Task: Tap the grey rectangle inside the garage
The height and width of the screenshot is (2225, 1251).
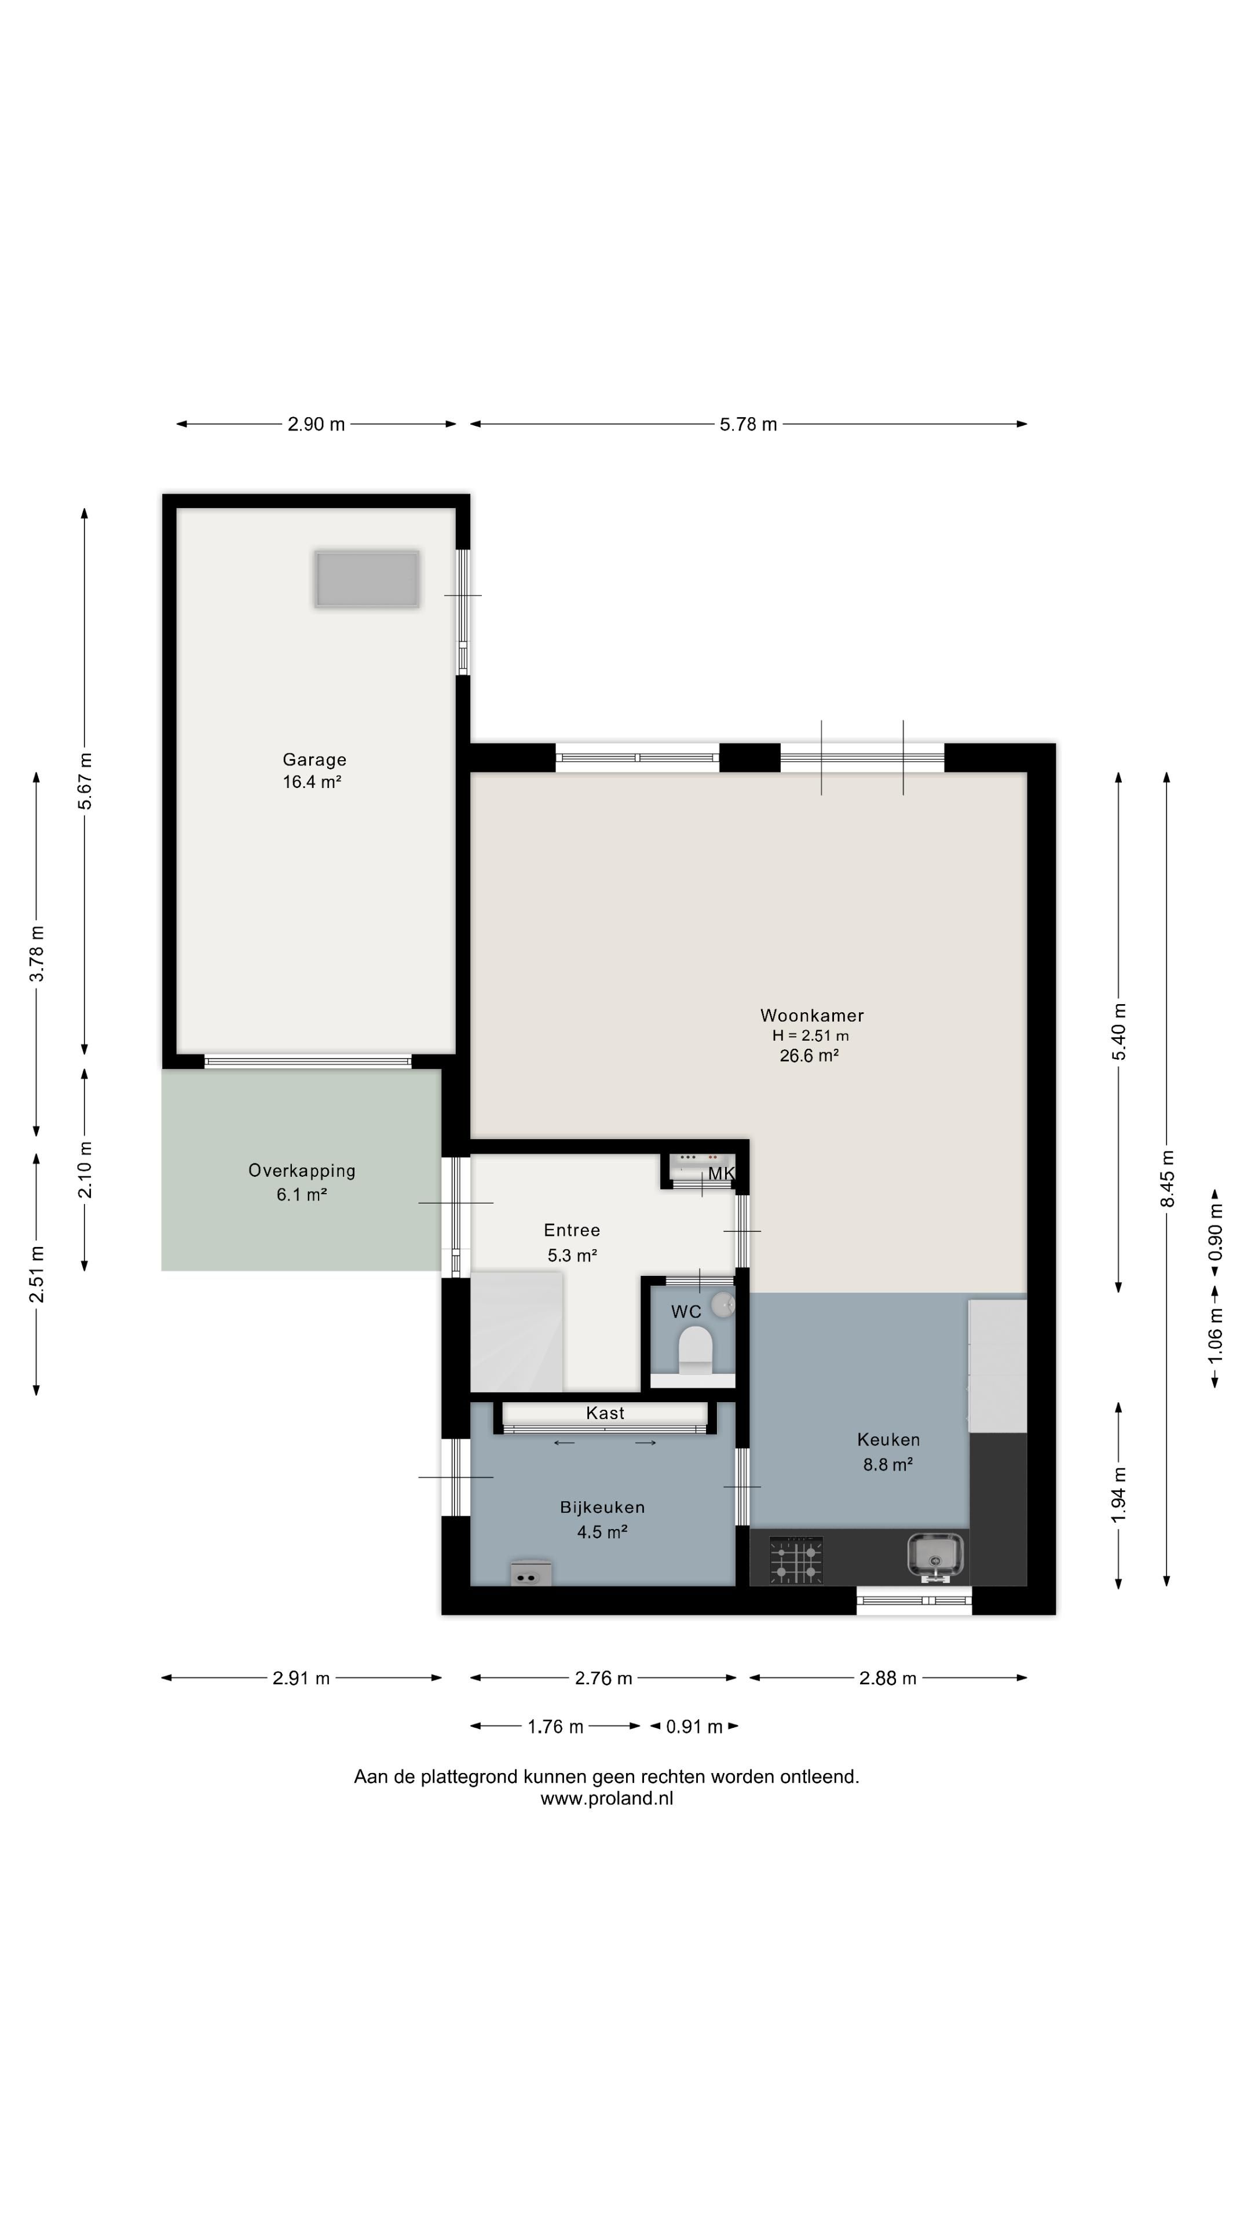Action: (368, 579)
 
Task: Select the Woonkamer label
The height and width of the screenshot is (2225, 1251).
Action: (811, 1016)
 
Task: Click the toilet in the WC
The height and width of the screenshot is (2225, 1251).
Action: (695, 1349)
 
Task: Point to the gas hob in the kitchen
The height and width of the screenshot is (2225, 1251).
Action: (795, 1560)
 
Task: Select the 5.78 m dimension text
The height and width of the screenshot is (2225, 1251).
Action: (748, 424)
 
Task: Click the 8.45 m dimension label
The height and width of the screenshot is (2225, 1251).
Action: (1167, 1179)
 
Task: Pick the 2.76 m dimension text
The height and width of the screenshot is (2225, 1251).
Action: (603, 1678)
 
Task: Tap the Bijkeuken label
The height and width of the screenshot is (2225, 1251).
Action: (602, 1507)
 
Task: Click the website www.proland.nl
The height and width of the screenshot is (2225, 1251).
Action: (607, 1799)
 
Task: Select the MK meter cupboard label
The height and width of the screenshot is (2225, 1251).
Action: (722, 1173)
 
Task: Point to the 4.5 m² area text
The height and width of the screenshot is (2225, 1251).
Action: (602, 1532)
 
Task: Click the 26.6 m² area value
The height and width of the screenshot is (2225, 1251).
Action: (809, 1056)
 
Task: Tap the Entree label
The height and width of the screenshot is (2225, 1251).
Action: (572, 1230)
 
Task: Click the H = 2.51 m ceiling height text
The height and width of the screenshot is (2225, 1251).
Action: (811, 1035)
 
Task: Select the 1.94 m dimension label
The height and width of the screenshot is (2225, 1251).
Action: (1119, 1495)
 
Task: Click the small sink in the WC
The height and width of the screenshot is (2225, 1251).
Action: (723, 1303)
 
